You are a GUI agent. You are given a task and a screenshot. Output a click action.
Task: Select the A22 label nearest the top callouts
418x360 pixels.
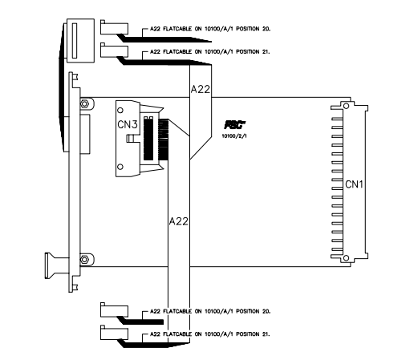click(200, 91)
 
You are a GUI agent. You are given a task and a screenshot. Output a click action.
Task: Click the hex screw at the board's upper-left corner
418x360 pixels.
click(84, 103)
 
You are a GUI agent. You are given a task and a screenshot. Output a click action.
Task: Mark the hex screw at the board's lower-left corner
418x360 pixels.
click(84, 258)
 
